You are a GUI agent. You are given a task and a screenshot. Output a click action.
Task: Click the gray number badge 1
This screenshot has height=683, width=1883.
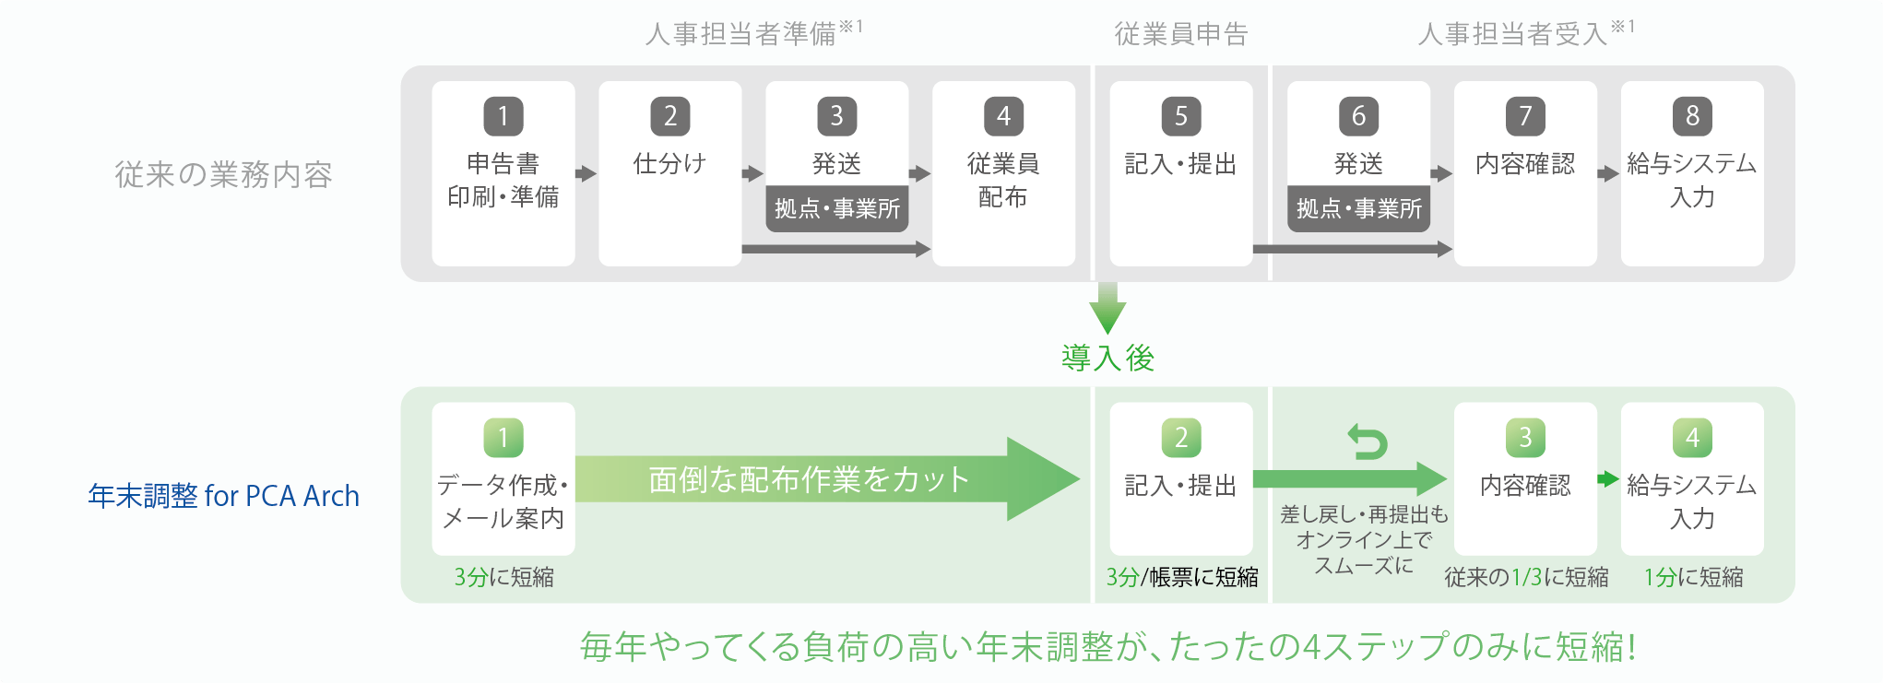tap(503, 116)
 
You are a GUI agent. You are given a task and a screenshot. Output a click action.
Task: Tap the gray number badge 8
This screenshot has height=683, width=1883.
tap(1692, 116)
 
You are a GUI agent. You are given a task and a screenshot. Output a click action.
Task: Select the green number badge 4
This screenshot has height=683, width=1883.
tap(1692, 438)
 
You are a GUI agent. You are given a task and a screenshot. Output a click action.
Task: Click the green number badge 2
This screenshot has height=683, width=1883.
tap(1181, 438)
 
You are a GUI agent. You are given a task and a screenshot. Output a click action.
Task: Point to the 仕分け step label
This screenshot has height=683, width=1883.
tap(669, 164)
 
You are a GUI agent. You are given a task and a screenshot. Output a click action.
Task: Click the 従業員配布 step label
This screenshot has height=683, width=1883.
tap(1003, 180)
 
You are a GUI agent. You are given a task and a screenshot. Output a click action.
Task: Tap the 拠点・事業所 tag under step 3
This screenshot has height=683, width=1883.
tap(837, 209)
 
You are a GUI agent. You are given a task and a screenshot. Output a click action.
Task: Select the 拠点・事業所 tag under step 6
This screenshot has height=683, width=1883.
tap(1359, 209)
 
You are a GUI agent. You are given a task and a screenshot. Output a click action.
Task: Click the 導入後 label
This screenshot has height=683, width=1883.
tap(1107, 358)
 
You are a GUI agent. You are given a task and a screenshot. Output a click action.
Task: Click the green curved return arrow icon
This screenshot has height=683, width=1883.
tap(1367, 442)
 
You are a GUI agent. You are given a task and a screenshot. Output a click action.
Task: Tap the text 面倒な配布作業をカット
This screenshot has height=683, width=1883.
tap(809, 479)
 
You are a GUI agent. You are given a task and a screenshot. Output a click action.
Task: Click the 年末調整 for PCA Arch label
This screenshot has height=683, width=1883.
tap(224, 496)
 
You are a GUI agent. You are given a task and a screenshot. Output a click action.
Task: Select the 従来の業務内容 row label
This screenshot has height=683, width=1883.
tap(224, 174)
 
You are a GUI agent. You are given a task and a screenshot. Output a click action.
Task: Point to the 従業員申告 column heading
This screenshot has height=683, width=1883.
tap(1181, 34)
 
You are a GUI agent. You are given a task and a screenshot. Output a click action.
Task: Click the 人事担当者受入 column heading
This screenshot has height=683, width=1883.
tap(1513, 34)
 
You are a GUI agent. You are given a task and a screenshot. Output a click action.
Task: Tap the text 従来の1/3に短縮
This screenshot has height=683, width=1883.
tap(1526, 577)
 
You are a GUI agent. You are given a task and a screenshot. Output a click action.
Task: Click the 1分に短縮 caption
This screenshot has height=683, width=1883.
tap(1693, 577)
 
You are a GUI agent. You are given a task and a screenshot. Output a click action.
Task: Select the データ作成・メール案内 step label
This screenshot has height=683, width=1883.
tap(503, 501)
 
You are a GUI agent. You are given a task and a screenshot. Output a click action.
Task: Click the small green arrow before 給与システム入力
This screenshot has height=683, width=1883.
tap(1608, 478)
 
